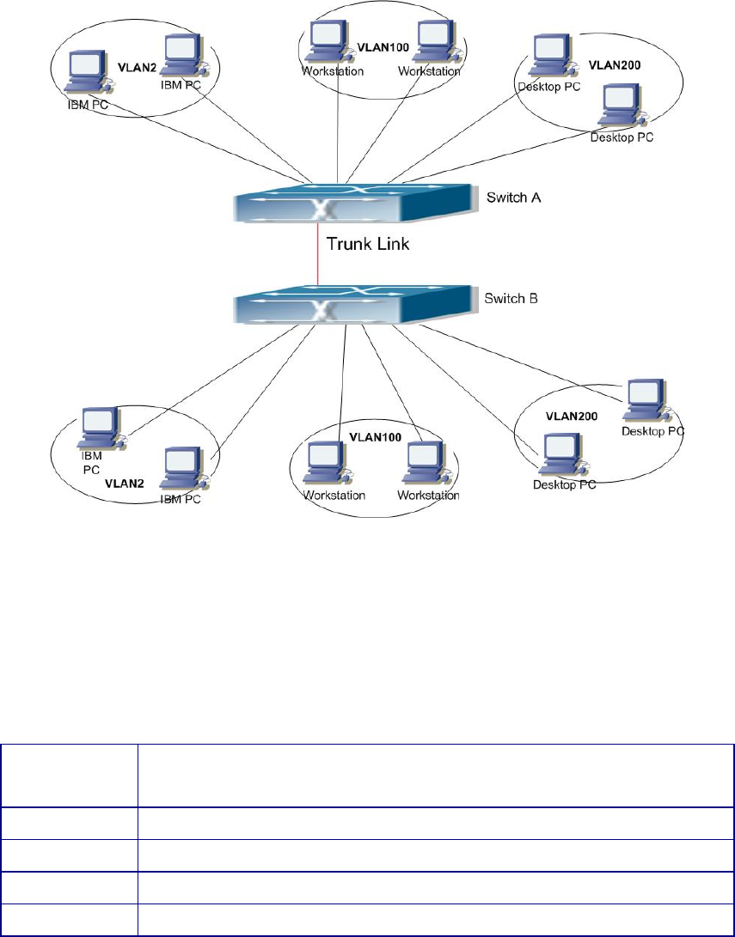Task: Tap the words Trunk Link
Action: tap(369, 243)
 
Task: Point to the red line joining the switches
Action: tap(319, 254)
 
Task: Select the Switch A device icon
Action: tap(352, 204)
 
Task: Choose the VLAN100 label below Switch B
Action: tap(376, 437)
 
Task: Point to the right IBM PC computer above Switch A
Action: tap(179, 54)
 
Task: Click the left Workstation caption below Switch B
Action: tap(334, 496)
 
